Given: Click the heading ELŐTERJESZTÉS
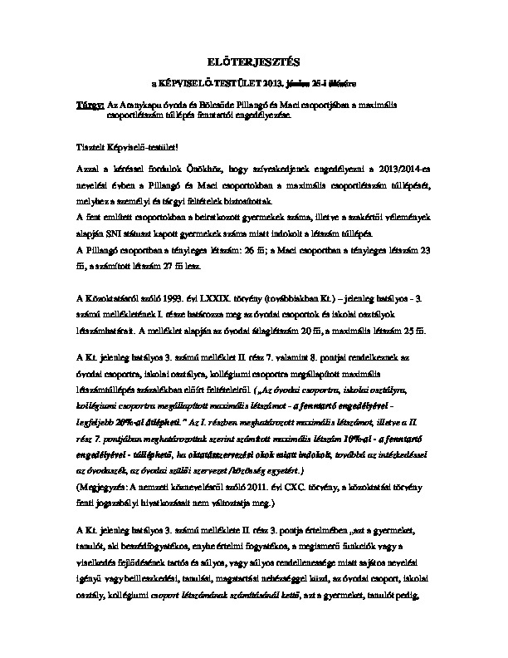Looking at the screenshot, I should point(253,61).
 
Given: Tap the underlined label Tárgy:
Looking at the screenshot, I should point(90,106).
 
